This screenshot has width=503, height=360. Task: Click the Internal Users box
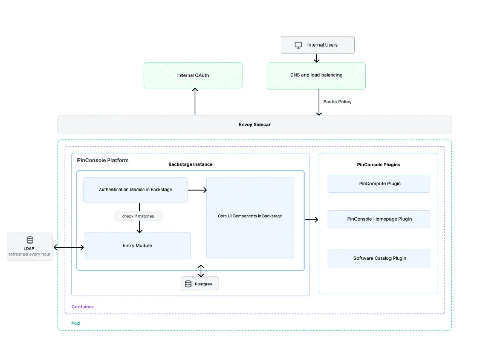click(x=318, y=45)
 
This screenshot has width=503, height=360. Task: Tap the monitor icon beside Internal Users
click(x=298, y=45)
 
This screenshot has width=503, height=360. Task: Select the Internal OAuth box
click(x=193, y=75)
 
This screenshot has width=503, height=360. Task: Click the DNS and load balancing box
click(x=316, y=75)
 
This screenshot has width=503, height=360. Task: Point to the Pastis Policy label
click(x=337, y=102)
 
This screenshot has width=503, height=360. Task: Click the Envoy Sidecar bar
click(x=255, y=125)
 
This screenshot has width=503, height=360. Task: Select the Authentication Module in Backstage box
click(x=135, y=190)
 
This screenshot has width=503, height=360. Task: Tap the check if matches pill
click(x=138, y=216)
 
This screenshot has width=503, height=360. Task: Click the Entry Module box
click(x=137, y=246)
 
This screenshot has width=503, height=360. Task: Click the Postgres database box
click(x=200, y=284)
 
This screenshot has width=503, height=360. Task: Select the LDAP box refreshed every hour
click(x=30, y=247)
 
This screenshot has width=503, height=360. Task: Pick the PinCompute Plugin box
click(x=379, y=184)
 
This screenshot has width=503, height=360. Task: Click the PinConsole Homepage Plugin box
click(x=379, y=219)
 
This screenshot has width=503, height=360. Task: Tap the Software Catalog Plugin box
click(x=379, y=258)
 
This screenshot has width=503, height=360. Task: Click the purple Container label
click(x=82, y=307)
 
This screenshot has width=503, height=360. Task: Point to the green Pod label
click(x=75, y=323)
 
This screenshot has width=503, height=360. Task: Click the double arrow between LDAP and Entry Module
click(x=69, y=247)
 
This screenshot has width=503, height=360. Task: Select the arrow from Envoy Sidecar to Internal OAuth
click(x=195, y=102)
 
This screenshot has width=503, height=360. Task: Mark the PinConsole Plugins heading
click(x=378, y=165)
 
